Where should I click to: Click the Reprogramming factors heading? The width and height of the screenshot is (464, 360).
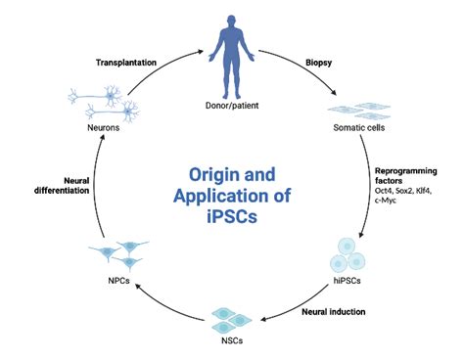point(401,175)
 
